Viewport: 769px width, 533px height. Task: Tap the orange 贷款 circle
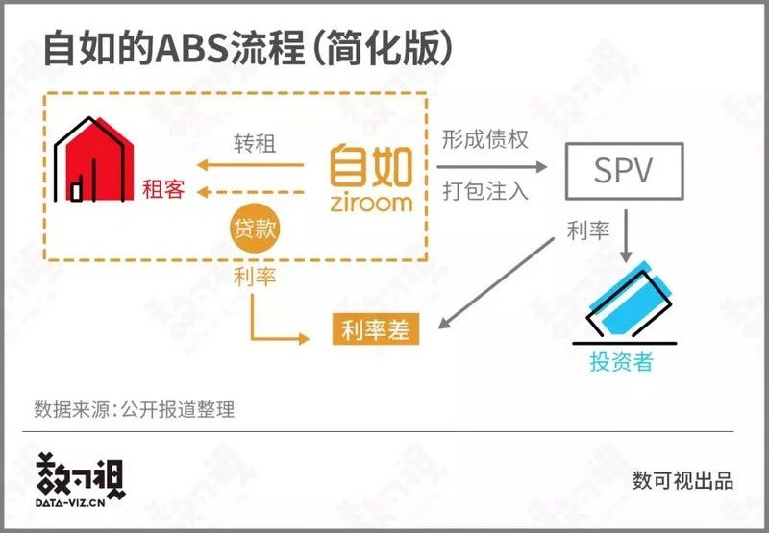tap(255, 229)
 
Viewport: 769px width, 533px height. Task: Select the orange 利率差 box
tap(376, 328)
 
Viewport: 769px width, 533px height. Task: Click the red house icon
tap(93, 159)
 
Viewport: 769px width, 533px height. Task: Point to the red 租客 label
tap(163, 189)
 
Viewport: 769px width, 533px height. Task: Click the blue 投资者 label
tap(621, 362)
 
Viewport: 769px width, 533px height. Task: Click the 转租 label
tap(255, 144)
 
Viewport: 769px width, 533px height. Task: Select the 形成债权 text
tap(485, 139)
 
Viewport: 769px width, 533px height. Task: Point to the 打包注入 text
tap(485, 191)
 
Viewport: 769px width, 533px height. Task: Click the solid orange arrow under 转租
tap(250, 165)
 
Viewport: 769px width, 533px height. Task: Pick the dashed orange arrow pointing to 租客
tap(250, 192)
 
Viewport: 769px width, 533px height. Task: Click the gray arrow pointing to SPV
tap(492, 167)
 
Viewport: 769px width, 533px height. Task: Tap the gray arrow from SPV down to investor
tap(626, 236)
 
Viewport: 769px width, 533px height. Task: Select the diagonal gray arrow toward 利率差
tap(496, 283)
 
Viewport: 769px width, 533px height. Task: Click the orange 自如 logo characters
tap(371, 165)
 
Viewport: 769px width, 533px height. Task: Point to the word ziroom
tap(371, 203)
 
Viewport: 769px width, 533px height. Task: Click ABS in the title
tap(191, 49)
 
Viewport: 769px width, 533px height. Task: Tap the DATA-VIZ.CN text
tap(70, 503)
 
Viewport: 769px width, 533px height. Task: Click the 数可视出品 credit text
tap(683, 480)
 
